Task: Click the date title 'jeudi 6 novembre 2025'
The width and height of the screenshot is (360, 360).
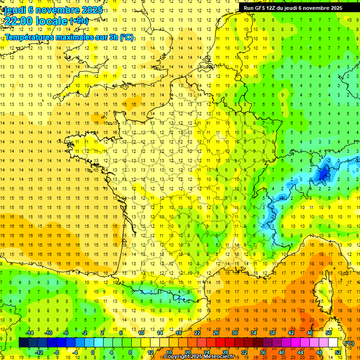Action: point(53,10)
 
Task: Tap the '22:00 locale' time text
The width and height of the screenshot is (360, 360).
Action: point(36,21)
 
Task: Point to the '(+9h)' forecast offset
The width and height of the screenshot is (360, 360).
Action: point(78,21)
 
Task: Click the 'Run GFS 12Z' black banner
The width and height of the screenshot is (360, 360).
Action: point(293,8)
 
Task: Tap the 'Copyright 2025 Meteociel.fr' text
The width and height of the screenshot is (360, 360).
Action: point(202,357)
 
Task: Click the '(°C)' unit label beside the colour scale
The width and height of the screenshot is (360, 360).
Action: point(349,343)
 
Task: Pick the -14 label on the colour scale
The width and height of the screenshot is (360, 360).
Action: point(29,333)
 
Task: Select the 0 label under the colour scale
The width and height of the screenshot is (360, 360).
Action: point(93,352)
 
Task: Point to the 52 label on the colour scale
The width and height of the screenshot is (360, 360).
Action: point(338,352)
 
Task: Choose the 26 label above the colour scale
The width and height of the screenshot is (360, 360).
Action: point(216,333)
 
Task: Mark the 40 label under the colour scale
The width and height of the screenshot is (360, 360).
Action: point(282,352)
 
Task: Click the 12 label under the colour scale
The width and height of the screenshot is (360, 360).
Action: point(150,352)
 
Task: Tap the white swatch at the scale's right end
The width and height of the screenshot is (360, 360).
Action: point(333,343)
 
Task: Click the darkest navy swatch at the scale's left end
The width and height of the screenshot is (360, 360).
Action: point(24,343)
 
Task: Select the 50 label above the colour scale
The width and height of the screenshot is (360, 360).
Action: point(329,333)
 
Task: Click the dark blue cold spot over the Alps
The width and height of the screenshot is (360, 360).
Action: point(323,174)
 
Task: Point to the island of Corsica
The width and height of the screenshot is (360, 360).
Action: point(320,291)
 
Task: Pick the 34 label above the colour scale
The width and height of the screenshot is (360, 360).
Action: point(254,333)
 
